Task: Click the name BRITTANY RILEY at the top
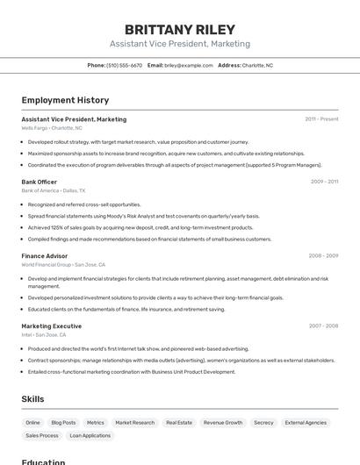click(x=180, y=30)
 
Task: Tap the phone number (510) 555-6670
click(x=125, y=65)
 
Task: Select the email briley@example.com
click(x=189, y=65)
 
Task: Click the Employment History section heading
click(x=65, y=100)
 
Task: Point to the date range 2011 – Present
click(x=321, y=118)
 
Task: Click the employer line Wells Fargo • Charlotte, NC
click(x=52, y=128)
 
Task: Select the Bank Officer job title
click(x=40, y=182)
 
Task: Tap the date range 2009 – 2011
click(x=324, y=182)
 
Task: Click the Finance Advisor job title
click(x=45, y=255)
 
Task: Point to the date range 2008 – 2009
click(x=323, y=255)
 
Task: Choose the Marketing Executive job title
click(x=52, y=325)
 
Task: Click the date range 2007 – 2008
click(x=323, y=325)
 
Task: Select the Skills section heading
click(x=32, y=399)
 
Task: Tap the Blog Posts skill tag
click(x=63, y=423)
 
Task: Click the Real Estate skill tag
click(x=179, y=423)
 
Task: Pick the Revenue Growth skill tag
click(x=223, y=423)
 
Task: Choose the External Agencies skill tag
click(x=306, y=423)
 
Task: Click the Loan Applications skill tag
click(x=90, y=435)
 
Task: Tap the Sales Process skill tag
click(x=42, y=435)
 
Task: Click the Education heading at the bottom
click(x=44, y=461)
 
